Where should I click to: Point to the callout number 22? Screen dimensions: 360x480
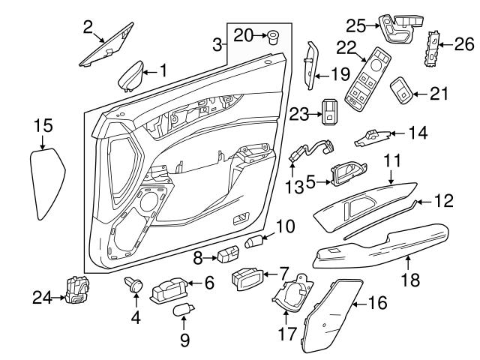pyautogui.click(x=346, y=46)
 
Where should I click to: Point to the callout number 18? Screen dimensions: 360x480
pyautogui.click(x=408, y=278)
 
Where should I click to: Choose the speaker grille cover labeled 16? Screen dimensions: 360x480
pyautogui.click(x=331, y=313)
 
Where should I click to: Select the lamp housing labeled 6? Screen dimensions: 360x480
pyautogui.click(x=172, y=288)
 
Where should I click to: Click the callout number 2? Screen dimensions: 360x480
pyautogui.click(x=88, y=28)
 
